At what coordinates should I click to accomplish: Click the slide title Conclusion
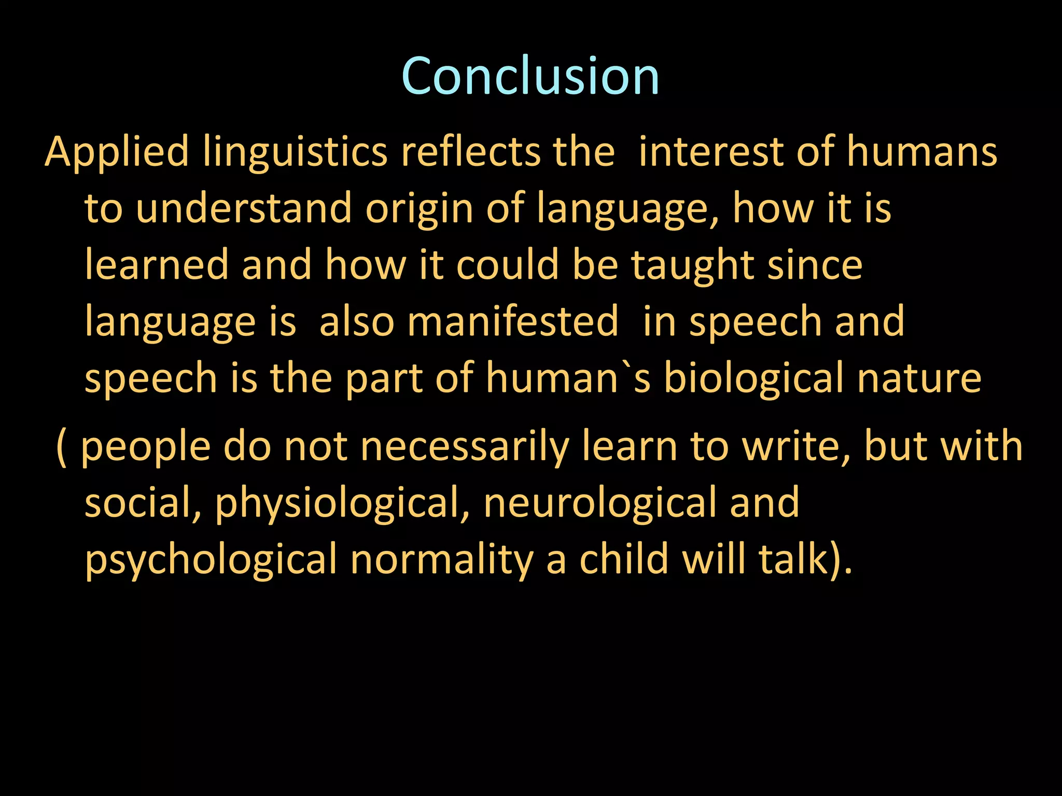(530, 76)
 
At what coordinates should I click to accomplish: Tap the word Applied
(117, 152)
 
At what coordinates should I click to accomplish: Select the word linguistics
(295, 152)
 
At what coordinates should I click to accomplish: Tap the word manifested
(513, 321)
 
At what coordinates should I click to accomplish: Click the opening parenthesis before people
(61, 447)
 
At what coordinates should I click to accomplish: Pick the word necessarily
(465, 447)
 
